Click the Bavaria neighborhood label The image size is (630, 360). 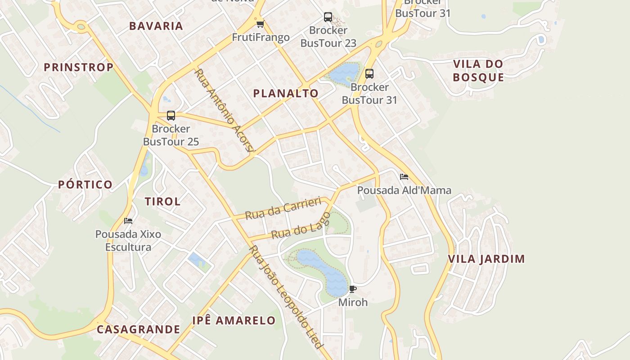click(156, 26)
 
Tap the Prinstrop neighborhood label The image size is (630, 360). click(78, 67)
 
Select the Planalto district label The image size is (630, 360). click(286, 94)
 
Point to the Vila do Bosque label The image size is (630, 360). click(478, 71)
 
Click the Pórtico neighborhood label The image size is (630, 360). click(85, 184)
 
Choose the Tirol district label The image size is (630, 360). click(162, 202)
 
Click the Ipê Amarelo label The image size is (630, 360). click(234, 320)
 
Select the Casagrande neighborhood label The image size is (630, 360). click(139, 329)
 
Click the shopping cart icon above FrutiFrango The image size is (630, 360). click(260, 24)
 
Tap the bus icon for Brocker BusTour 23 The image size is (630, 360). click(328, 18)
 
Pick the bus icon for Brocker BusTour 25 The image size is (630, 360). click(171, 116)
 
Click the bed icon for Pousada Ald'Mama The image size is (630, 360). click(404, 177)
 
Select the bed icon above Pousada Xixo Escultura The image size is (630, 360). click(128, 221)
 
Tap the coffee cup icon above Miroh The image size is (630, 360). click(352, 289)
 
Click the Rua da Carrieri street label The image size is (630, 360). click(283, 207)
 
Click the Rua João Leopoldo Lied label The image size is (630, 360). click(286, 297)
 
